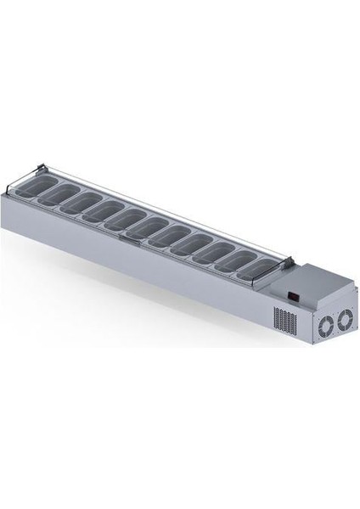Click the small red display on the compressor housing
(x=293, y=297)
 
